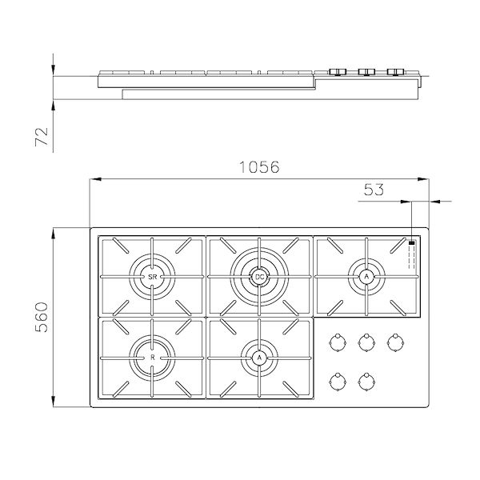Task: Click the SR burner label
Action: [152, 277]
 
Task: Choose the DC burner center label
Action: [258, 277]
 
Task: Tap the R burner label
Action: [152, 357]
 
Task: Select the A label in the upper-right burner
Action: [366, 277]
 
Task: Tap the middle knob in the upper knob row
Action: [366, 342]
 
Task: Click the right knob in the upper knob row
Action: [394, 342]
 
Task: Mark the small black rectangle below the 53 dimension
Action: [411, 242]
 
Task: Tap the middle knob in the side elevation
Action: [366, 73]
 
